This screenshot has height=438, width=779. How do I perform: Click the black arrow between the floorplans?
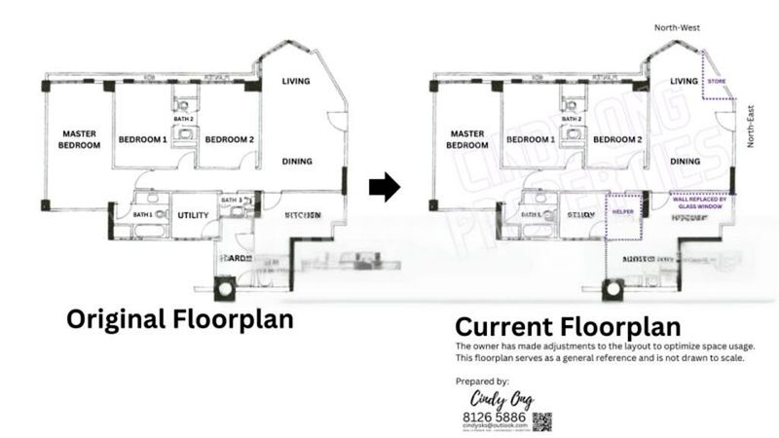tap(385, 186)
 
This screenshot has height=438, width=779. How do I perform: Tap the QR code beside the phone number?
tap(541, 421)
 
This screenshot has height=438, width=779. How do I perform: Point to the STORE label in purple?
tap(717, 81)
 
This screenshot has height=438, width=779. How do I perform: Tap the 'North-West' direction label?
tap(678, 28)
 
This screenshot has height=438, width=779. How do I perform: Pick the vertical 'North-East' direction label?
tap(750, 128)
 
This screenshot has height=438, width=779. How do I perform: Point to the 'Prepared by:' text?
tap(482, 381)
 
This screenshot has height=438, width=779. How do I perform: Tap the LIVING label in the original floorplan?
tap(296, 81)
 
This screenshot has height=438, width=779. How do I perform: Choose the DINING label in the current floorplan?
tap(686, 162)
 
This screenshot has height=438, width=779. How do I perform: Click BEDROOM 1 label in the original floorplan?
tap(143, 140)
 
